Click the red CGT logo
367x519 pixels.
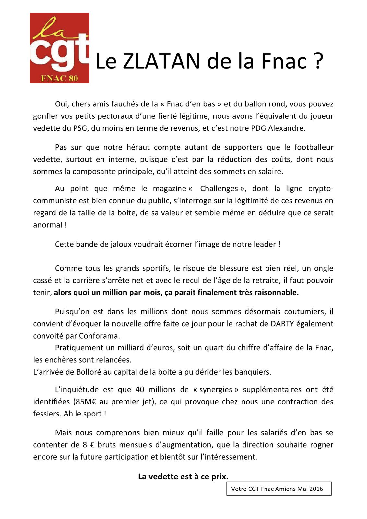59,48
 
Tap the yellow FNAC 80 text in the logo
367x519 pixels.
60,78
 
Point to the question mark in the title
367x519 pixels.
318,61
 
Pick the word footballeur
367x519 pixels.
314,147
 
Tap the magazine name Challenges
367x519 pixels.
219,189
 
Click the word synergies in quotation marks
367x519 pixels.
216,390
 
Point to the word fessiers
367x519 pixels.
47,414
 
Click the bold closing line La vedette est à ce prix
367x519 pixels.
183,477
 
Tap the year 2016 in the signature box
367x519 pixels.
316,489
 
